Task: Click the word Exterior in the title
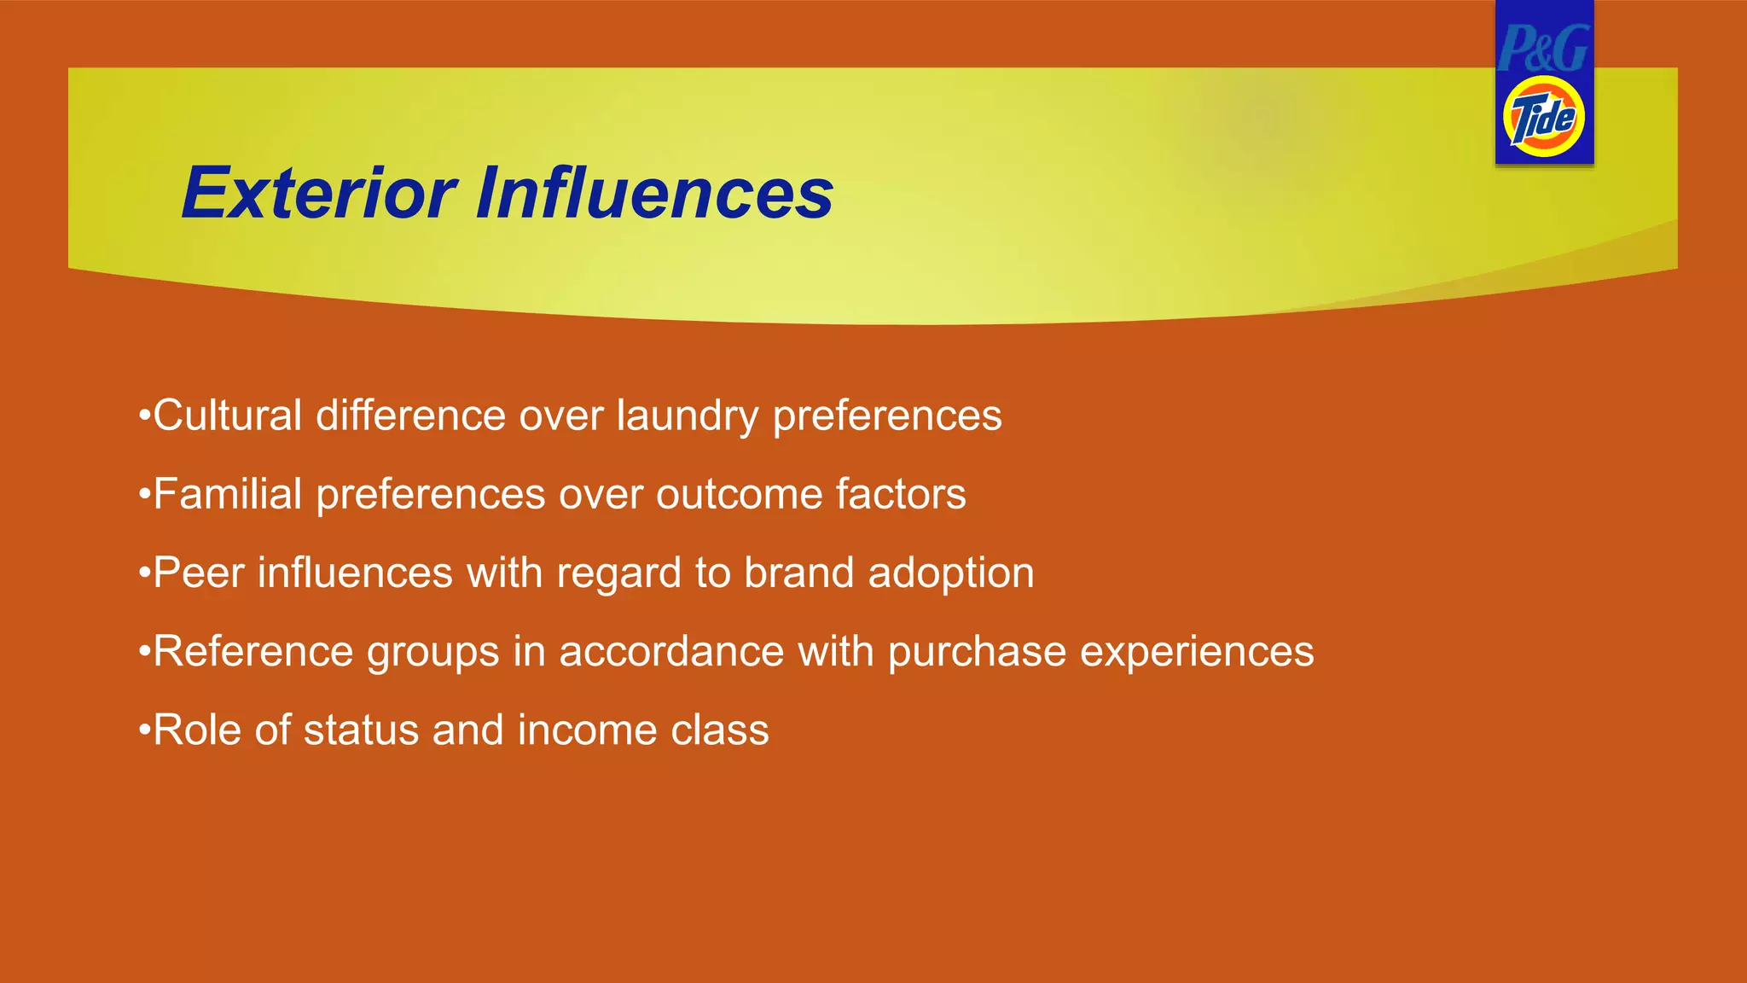pyautogui.click(x=320, y=194)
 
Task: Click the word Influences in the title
pyautogui.click(x=654, y=194)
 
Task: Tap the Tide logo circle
pyautogui.click(x=1544, y=117)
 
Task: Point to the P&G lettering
pyautogui.click(x=1544, y=48)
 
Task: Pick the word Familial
pyautogui.click(x=227, y=494)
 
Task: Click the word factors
pyautogui.click(x=901, y=494)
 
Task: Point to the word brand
pyautogui.click(x=798, y=573)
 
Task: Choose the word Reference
pyautogui.click(x=252, y=652)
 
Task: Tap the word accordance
pyautogui.click(x=671, y=652)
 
